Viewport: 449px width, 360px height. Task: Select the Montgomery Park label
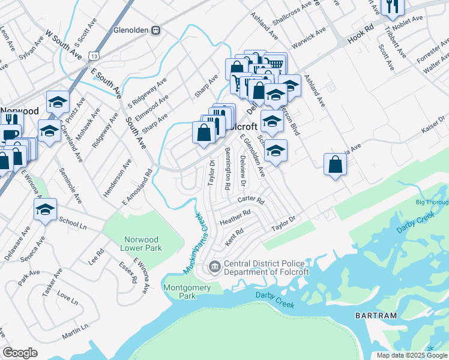click(x=187, y=292)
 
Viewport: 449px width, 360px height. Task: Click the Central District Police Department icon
click(x=213, y=266)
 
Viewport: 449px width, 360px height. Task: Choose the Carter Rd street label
click(x=251, y=200)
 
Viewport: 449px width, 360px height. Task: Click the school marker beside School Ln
click(x=45, y=211)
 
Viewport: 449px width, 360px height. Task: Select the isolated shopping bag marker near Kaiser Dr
click(x=335, y=164)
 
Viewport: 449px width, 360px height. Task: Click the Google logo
click(x=20, y=353)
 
